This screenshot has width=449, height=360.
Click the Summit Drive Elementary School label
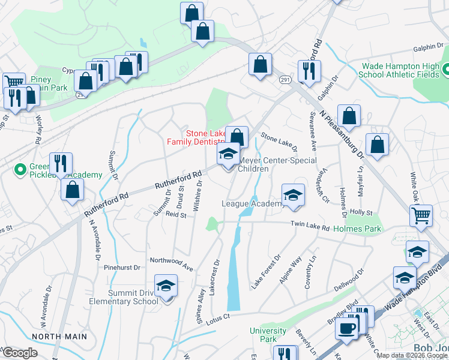(124, 297)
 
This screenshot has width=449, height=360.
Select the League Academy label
(252, 204)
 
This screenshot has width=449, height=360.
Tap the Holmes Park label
(357, 229)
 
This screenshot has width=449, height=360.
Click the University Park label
(268, 335)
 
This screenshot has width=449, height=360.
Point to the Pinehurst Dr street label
(122, 267)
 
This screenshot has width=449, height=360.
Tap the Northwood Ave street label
(171, 262)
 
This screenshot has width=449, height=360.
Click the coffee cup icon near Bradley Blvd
(348, 328)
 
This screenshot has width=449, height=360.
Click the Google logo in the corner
(20, 353)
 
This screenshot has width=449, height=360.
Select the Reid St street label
(176, 214)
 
